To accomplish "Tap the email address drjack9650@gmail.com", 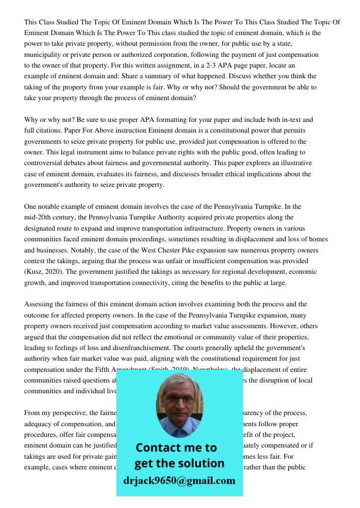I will (x=179, y=481).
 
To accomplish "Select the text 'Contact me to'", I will (x=176, y=448).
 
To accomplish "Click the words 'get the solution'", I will (x=179, y=463).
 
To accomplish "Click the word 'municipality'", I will (x=43, y=54).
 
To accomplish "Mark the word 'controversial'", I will (x=44, y=163).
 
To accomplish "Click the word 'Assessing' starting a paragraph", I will (x=39, y=304).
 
